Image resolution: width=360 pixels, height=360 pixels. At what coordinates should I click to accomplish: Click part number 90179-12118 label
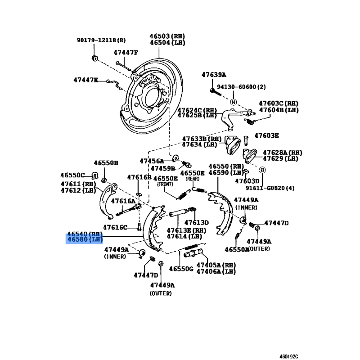click(x=101, y=40)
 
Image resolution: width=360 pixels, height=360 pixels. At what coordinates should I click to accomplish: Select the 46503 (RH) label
click(x=167, y=36)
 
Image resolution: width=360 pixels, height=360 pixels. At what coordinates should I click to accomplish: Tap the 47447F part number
click(x=126, y=53)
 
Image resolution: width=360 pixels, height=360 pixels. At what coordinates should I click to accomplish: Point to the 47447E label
click(x=85, y=80)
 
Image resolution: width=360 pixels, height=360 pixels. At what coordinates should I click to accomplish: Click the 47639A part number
click(x=214, y=75)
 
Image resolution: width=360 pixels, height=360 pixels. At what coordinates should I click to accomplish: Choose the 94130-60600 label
click(x=242, y=87)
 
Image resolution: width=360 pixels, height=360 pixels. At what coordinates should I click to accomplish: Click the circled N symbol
click(x=234, y=102)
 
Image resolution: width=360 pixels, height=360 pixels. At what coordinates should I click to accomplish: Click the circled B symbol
click(x=263, y=170)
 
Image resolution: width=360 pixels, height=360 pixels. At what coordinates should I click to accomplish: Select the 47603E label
click(x=266, y=135)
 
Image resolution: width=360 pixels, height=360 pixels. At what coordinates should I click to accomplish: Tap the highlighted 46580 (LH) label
click(x=85, y=240)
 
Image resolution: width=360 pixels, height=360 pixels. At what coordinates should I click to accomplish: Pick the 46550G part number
click(x=181, y=269)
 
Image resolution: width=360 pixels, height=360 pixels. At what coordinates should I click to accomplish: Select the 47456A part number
click(x=151, y=161)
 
